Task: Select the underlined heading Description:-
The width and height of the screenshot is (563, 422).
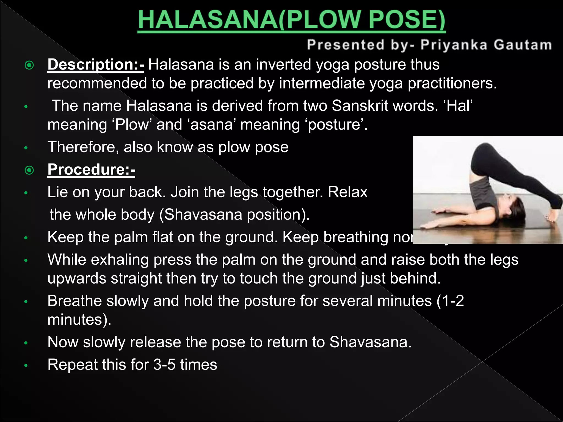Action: (x=95, y=65)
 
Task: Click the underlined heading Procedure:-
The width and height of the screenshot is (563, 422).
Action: (x=91, y=170)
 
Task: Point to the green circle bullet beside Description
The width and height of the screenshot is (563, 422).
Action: (x=29, y=65)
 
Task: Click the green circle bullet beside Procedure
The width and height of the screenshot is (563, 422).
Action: (x=29, y=170)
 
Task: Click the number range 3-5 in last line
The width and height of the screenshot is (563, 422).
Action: (x=164, y=365)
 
